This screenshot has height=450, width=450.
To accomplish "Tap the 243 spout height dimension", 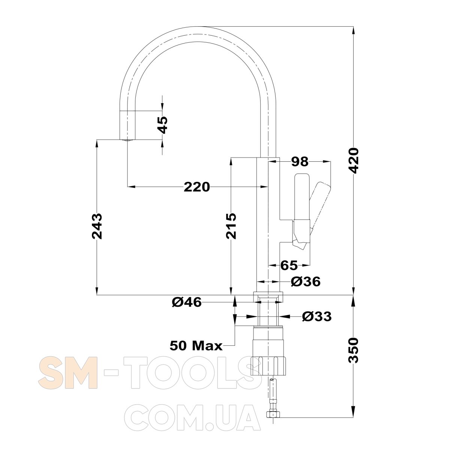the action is pos(97,226).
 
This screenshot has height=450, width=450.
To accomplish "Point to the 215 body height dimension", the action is pos(231,226).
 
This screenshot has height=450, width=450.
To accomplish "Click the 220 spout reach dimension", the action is pos(196,187).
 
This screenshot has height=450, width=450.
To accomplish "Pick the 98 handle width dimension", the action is pos(300,161).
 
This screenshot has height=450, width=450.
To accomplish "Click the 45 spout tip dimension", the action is pos(162,125).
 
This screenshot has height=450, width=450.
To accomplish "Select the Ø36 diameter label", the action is pos(306,281).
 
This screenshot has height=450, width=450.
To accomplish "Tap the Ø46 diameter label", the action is pos(187,302).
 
